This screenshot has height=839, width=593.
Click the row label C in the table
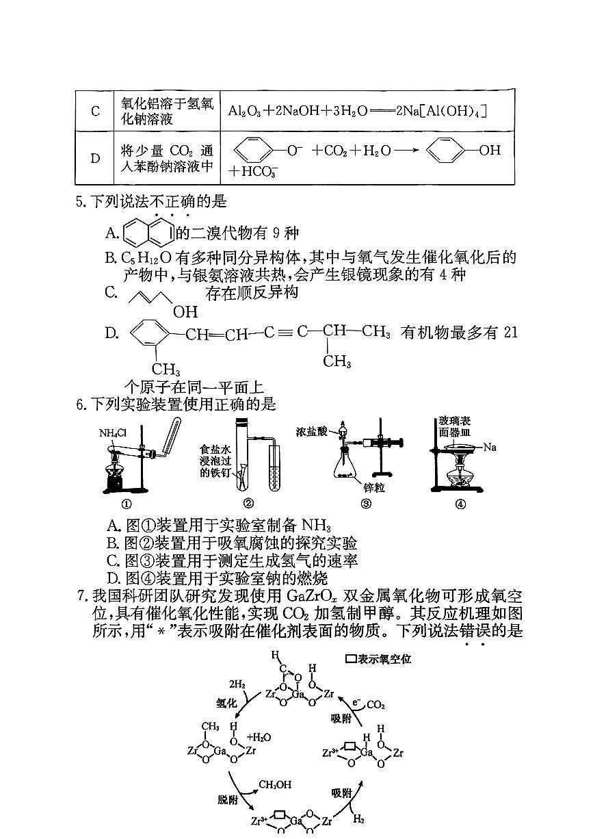(95, 111)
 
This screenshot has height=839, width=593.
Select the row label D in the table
(95, 158)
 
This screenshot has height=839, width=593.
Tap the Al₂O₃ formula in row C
(245, 111)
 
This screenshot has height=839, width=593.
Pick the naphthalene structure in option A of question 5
(148, 233)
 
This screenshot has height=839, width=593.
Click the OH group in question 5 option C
(185, 312)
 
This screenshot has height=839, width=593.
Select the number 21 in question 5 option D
(510, 333)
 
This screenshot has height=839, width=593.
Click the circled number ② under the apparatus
(248, 504)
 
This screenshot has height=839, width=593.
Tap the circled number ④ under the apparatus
(460, 504)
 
